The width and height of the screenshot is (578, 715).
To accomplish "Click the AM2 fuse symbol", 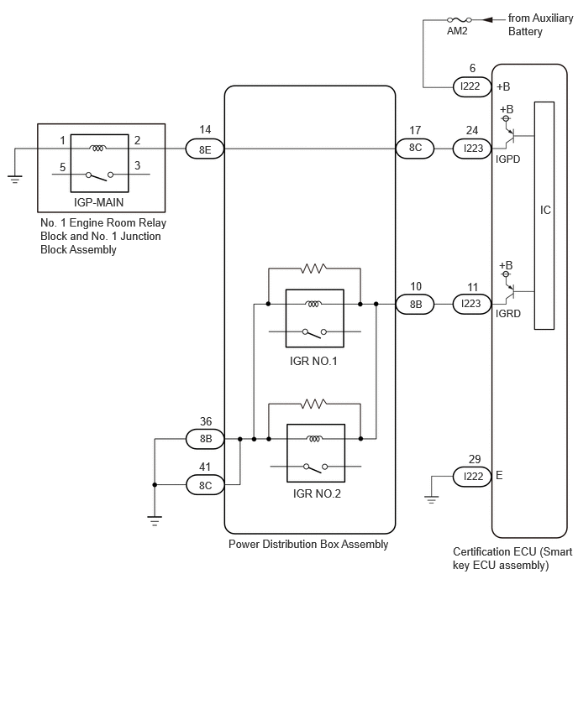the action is click(459, 19).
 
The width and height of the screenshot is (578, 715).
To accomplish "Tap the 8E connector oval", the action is click(205, 149).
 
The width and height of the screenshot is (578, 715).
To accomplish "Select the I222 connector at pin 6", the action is click(471, 86).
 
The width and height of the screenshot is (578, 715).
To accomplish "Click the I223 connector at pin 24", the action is click(472, 149).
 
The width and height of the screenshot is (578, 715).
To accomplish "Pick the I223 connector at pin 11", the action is click(472, 304).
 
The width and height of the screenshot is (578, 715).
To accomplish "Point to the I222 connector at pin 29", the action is click(472, 477).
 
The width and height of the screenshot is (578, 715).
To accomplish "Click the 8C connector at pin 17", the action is click(415, 149).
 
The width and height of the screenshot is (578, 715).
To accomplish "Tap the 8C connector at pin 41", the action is click(206, 485).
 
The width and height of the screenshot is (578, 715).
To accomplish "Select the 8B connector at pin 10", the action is click(415, 304).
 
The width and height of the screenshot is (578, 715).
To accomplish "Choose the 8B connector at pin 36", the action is click(206, 439).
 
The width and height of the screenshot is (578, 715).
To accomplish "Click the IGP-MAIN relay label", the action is click(98, 202).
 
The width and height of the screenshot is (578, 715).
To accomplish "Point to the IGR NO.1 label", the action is click(313, 361).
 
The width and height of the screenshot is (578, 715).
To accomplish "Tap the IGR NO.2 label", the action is click(317, 493).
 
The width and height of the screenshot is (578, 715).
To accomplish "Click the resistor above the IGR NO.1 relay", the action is click(313, 269).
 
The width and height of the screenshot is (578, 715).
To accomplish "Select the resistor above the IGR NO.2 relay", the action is click(313, 404).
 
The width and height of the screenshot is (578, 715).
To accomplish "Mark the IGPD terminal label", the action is click(507, 159).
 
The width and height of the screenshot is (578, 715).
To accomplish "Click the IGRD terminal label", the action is click(508, 314).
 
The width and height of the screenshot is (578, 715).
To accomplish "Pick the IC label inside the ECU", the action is click(545, 210).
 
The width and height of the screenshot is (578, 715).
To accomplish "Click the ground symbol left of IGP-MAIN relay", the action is click(15, 179).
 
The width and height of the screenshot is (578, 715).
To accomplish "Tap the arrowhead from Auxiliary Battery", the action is click(487, 19).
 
